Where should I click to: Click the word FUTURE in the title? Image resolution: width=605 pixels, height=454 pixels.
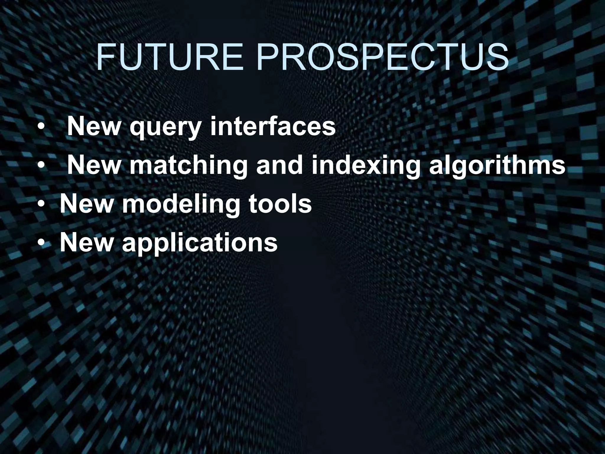[x=170, y=58]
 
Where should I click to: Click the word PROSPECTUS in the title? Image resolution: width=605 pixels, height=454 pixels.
[x=383, y=58]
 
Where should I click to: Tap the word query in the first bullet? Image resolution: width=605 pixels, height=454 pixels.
[x=165, y=128]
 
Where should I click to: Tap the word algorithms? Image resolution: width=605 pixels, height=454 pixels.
[x=497, y=166]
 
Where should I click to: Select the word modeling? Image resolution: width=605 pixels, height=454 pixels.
[x=181, y=205]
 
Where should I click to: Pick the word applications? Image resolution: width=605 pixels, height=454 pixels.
[x=200, y=243]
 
